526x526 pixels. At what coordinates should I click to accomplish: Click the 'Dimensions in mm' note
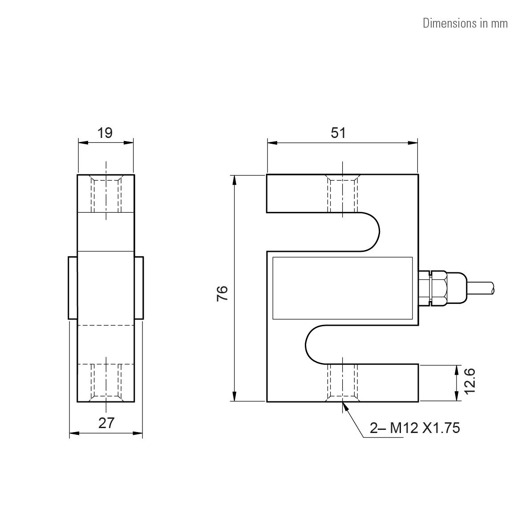[x=465, y=23]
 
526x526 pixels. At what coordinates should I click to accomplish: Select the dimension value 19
[x=105, y=133]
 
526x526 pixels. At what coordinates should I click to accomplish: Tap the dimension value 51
[x=338, y=133]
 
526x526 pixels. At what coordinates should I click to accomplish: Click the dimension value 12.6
[x=470, y=380]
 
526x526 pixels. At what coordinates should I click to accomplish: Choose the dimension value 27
[x=106, y=423]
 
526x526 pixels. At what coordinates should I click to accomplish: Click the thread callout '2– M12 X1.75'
[x=415, y=428]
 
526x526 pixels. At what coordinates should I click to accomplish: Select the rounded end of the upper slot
[x=372, y=231]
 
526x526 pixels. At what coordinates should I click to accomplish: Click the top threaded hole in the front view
[x=343, y=194]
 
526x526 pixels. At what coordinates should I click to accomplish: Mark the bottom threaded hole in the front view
[x=343, y=382]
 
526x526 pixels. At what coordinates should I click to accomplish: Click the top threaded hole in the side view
[x=106, y=194]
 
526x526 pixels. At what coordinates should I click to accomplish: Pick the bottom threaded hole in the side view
[x=106, y=382]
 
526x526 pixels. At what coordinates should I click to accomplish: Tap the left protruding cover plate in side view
[x=73, y=287]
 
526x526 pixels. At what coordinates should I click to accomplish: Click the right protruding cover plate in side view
[x=139, y=287]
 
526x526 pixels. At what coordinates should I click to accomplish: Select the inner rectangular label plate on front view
[x=342, y=288]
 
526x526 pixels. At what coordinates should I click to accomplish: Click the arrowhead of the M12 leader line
[x=345, y=405]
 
